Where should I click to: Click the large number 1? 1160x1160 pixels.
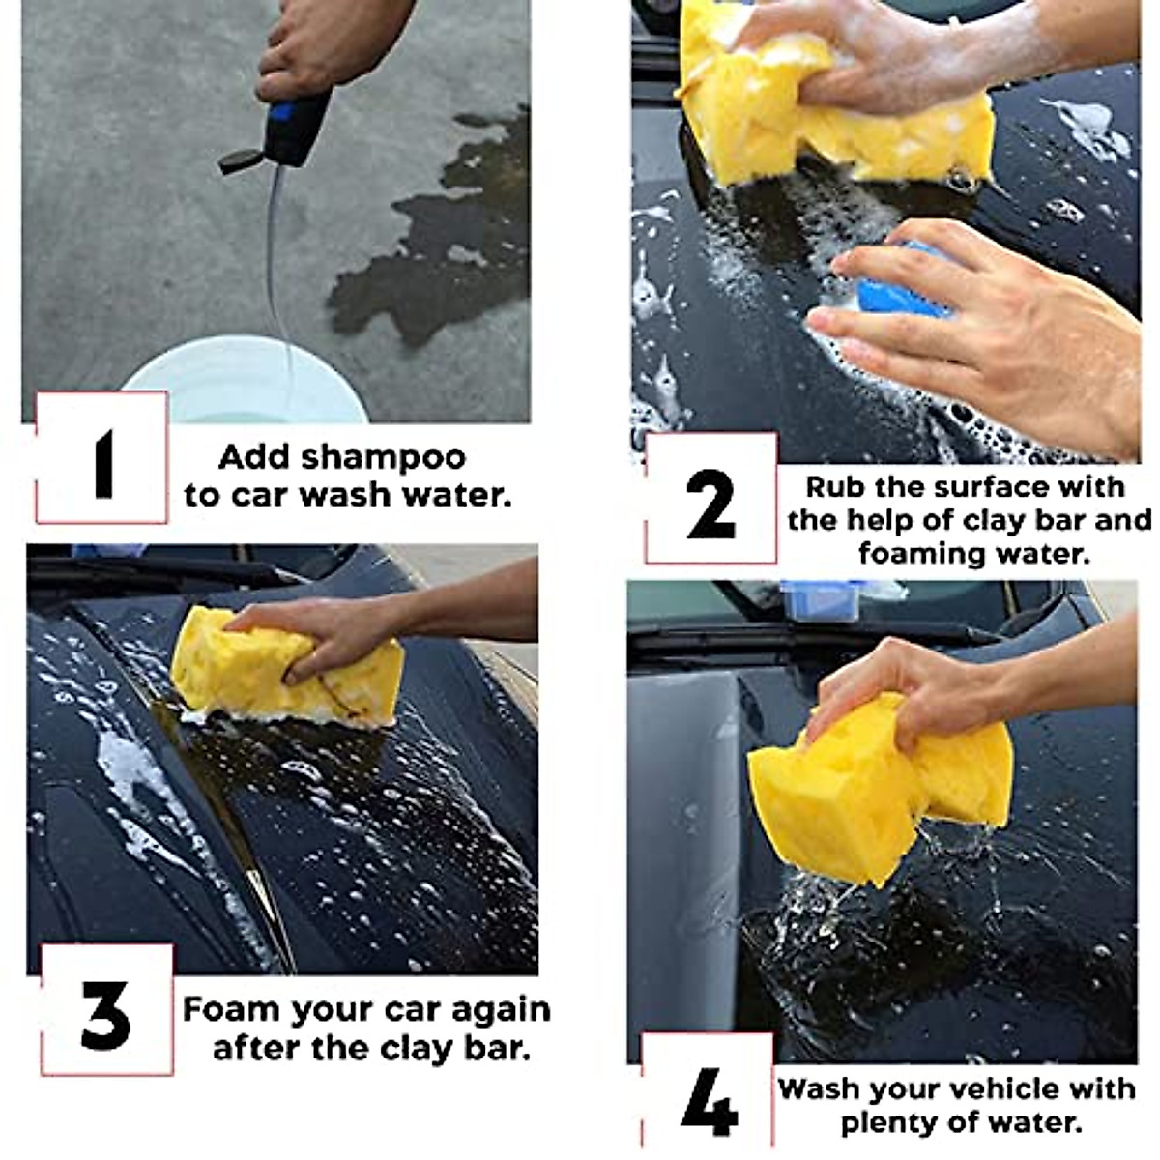(x=102, y=465)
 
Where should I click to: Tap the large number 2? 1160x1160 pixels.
(x=710, y=505)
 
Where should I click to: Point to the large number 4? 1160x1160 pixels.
(x=709, y=1101)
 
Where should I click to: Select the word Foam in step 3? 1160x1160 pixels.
(x=231, y=1010)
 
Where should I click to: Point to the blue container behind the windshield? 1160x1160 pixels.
(x=822, y=599)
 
